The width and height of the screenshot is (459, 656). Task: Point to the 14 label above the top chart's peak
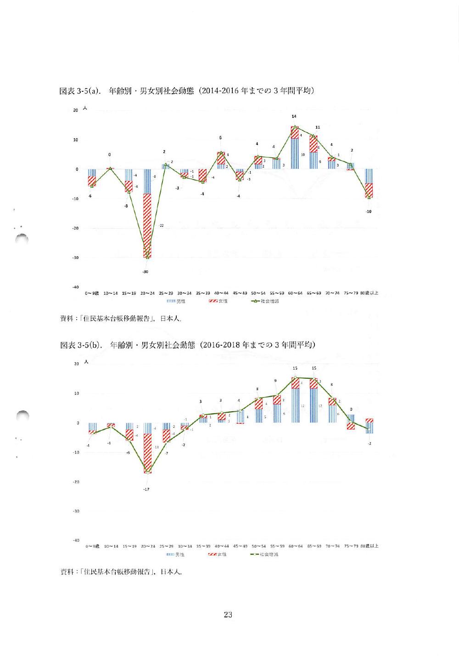pyautogui.click(x=294, y=117)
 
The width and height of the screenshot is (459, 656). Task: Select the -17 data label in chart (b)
pyautogui.click(x=146, y=489)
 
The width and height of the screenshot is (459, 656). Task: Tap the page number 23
pyautogui.click(x=228, y=615)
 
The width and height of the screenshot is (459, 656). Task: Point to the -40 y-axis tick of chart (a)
pyautogui.click(x=77, y=287)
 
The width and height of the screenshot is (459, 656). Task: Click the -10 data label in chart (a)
pyautogui.click(x=369, y=212)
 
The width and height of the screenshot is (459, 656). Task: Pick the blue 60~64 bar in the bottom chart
pyautogui.click(x=295, y=406)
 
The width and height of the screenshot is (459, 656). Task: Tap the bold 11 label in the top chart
pyautogui.click(x=318, y=127)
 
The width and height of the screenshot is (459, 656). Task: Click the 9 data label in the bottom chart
pyautogui.click(x=275, y=381)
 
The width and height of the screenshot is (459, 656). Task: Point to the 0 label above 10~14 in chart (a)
pyautogui.click(x=109, y=155)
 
